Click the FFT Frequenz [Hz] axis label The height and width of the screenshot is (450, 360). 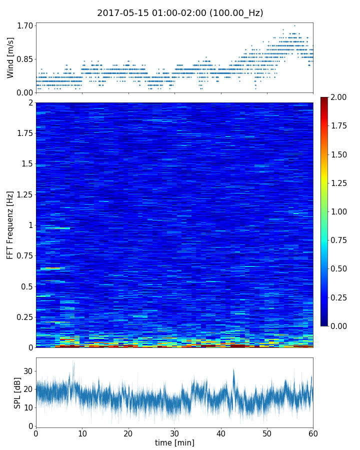[10, 225]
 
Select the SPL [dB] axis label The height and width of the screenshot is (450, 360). [17, 393]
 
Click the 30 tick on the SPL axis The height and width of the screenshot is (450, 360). [28, 371]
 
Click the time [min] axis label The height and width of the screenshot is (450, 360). [174, 442]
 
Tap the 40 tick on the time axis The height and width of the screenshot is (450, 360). [221, 433]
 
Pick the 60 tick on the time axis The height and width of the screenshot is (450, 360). [313, 433]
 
